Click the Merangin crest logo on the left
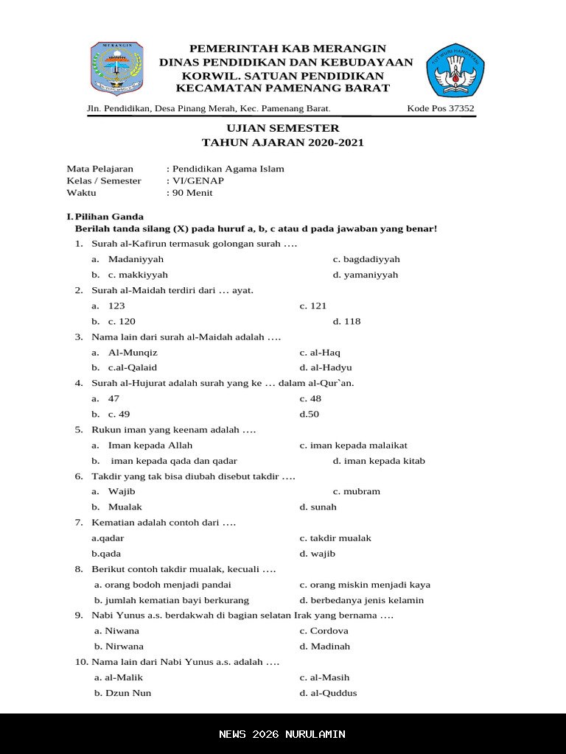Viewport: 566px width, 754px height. point(116,68)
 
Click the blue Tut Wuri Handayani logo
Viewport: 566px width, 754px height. point(455,70)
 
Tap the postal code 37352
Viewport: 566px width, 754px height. point(461,109)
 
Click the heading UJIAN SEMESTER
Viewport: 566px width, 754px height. point(283,128)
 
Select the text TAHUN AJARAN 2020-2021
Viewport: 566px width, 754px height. point(283,143)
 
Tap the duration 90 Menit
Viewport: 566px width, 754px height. point(192,193)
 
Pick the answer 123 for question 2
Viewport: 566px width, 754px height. point(116,306)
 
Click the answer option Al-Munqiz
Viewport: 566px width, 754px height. point(133,352)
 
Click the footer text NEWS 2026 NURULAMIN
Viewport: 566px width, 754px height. point(282,734)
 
